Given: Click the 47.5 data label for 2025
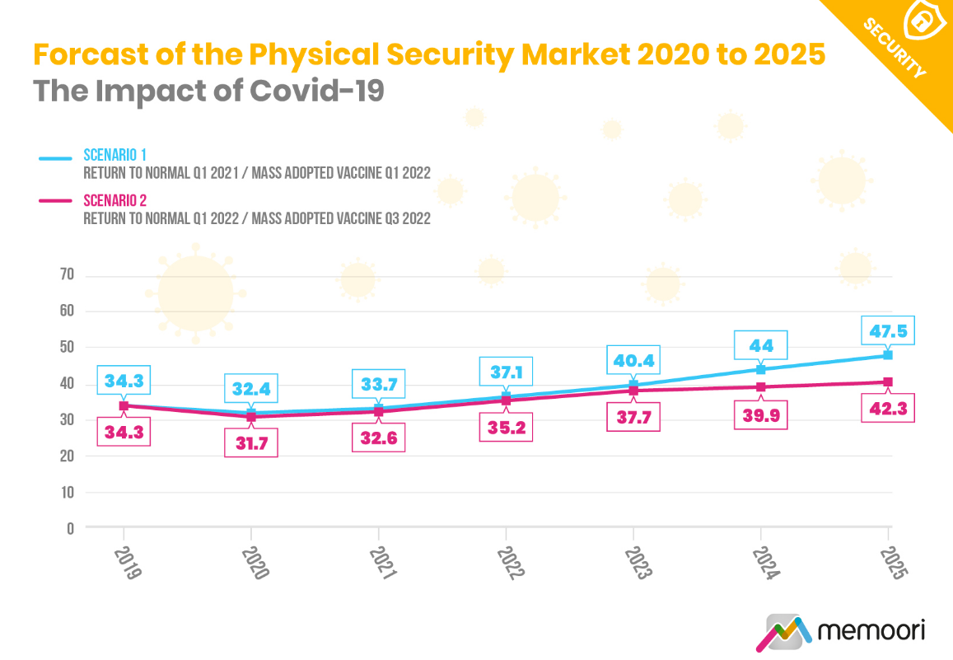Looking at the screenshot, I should (x=888, y=330).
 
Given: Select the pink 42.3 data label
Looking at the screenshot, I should (x=888, y=407).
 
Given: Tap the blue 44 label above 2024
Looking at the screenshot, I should (x=760, y=346).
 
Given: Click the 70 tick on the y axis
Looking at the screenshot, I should (x=67, y=274).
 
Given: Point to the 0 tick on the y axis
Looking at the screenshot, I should (x=71, y=528).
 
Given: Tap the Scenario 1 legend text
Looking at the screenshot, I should (x=115, y=155).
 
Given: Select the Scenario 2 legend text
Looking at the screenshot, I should (x=115, y=200).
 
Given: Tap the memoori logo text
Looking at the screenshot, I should (x=871, y=631).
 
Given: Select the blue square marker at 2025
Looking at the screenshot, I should (x=888, y=355).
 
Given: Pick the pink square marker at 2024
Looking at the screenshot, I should (x=760, y=386).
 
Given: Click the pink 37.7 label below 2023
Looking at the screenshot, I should (x=633, y=418).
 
